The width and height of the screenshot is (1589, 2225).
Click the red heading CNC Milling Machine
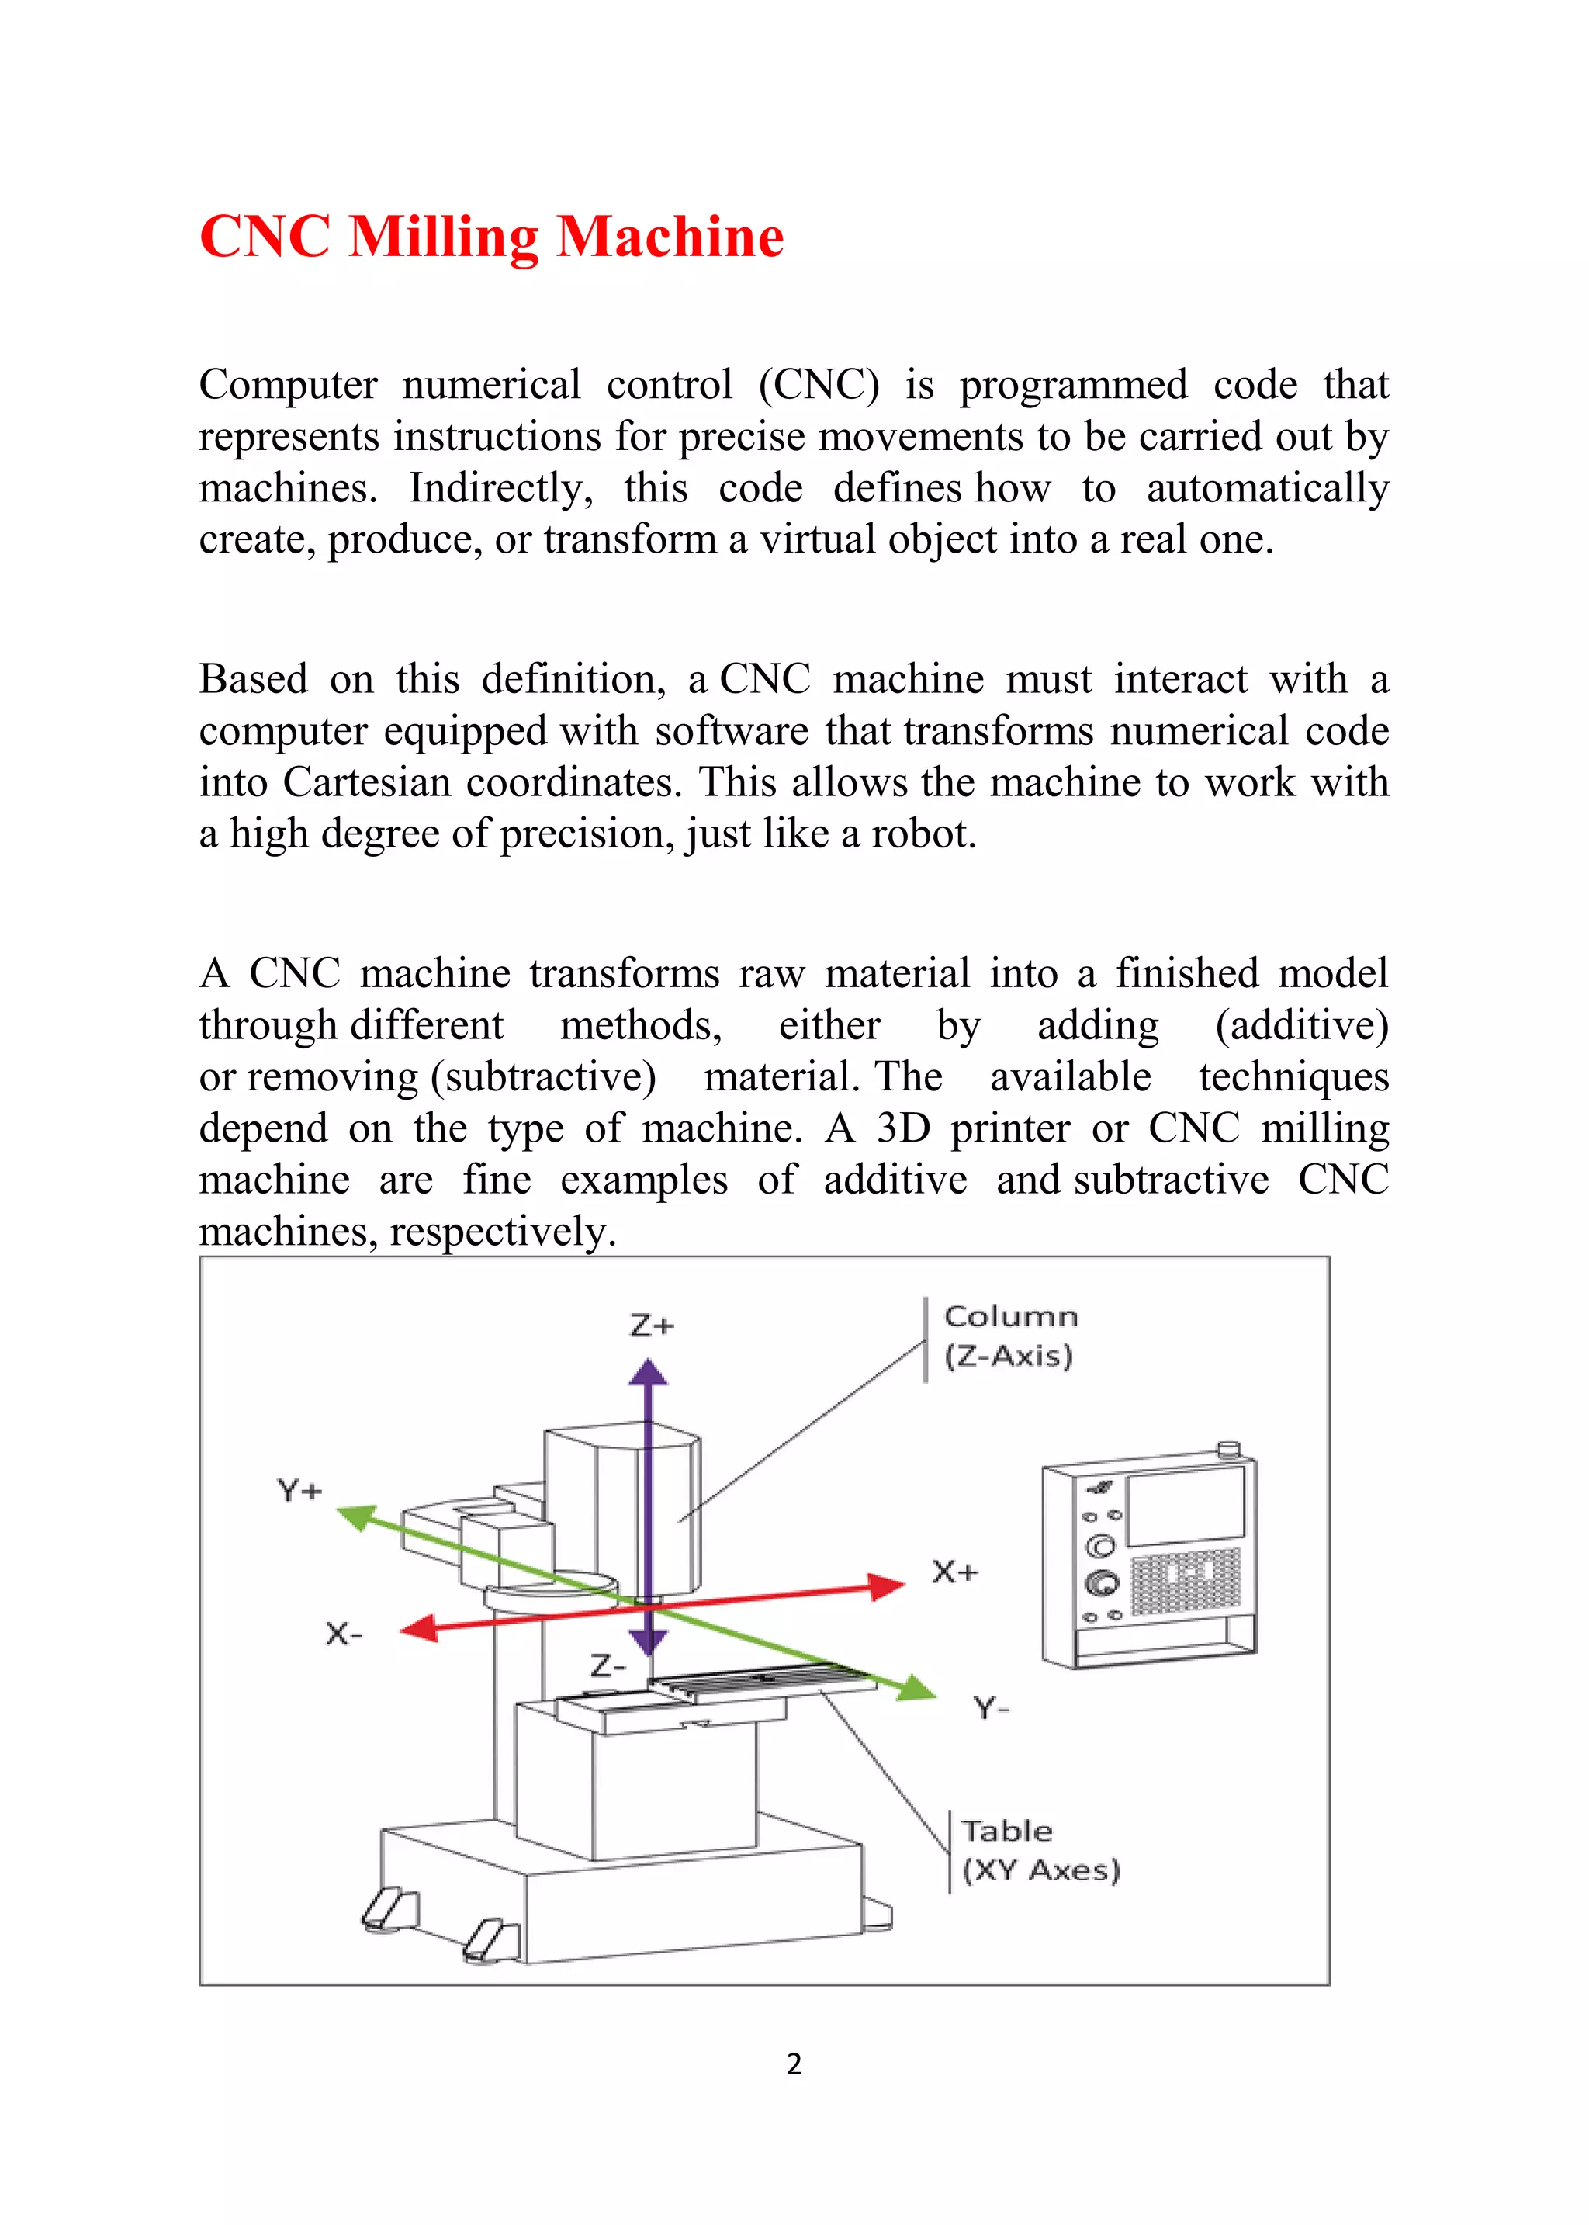click(x=491, y=237)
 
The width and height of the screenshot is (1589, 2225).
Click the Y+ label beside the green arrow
click(x=299, y=1491)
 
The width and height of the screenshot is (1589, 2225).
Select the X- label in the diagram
click(x=344, y=1634)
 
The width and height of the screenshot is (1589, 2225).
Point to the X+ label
click(x=954, y=1572)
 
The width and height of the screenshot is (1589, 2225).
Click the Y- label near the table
click(x=991, y=1708)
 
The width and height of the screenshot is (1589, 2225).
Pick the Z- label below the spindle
click(x=608, y=1665)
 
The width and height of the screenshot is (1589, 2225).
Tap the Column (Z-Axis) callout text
click(x=1009, y=1336)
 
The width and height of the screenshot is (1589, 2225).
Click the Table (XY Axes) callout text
click(x=1039, y=1850)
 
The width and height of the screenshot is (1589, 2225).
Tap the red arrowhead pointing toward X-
click(x=420, y=1628)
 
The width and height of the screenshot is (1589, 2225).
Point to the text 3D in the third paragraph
click(x=902, y=1128)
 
